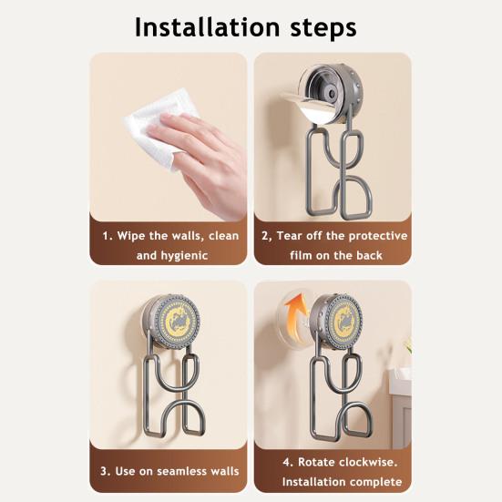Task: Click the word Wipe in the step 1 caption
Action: click(x=134, y=235)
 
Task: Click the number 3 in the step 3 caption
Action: click(x=106, y=471)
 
